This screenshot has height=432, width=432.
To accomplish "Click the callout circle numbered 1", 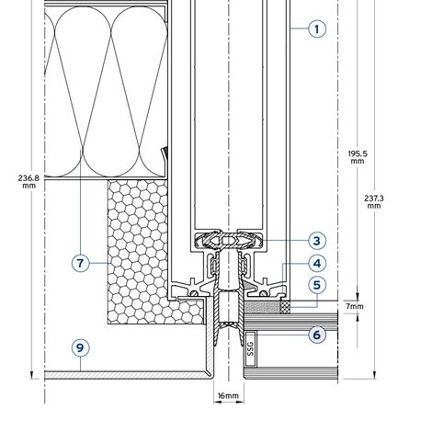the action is tap(317, 28).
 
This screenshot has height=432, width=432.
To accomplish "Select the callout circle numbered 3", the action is tap(317, 241).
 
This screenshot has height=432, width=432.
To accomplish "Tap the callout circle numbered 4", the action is tap(317, 264).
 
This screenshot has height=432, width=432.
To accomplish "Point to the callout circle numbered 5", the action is tap(317, 285).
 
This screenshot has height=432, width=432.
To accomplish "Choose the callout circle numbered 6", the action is tap(317, 335).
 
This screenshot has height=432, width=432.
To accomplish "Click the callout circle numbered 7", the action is tap(80, 264).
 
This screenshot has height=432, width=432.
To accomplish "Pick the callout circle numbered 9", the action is tap(80, 347).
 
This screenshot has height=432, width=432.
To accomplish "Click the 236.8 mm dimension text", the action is tap(28, 182).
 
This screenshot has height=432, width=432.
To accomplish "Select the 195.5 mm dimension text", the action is tap(358, 157).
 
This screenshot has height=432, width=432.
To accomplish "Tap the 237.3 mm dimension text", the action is tap(374, 202).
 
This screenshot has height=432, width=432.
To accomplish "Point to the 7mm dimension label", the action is tap(355, 306).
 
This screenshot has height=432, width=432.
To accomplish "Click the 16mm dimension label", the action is tap(228, 396).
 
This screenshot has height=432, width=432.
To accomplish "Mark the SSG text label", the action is tap(251, 349).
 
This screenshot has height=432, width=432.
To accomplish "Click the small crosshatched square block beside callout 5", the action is tap(286, 307).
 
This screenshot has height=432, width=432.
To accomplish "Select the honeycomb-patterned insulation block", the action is tap(138, 251).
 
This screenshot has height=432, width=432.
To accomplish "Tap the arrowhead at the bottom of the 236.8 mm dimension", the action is tap(31, 375).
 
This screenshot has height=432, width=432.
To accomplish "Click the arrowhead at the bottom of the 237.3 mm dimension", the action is tap(374, 375).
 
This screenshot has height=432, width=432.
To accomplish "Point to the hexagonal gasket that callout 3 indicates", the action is tap(229, 240).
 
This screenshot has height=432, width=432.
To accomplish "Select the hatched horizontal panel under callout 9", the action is tap(126, 375).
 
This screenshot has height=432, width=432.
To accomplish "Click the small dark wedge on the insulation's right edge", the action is tap(165, 153).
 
